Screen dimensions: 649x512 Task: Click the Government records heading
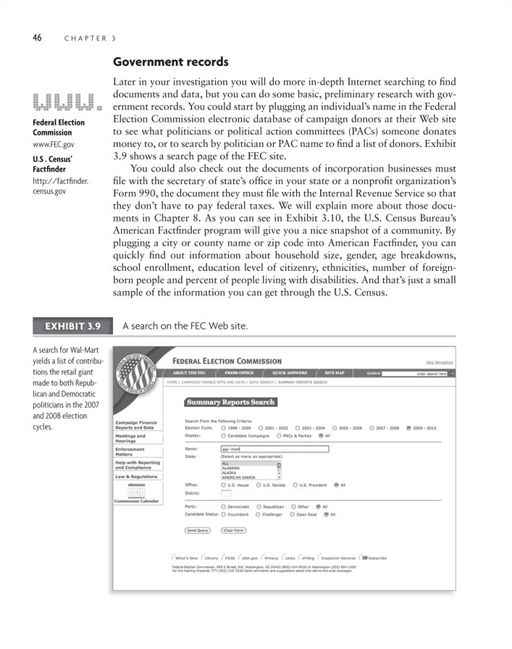(170, 63)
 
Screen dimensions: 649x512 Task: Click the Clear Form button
(233, 530)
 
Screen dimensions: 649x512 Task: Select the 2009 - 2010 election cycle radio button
(409, 428)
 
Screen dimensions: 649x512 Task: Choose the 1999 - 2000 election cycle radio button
(224, 428)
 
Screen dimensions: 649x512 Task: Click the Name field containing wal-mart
(273, 448)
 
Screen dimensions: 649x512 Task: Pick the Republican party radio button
(259, 506)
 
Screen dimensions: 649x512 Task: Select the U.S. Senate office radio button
(259, 484)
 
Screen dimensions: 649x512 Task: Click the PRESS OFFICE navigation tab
(239, 373)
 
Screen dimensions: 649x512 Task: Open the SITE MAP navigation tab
(335, 373)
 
